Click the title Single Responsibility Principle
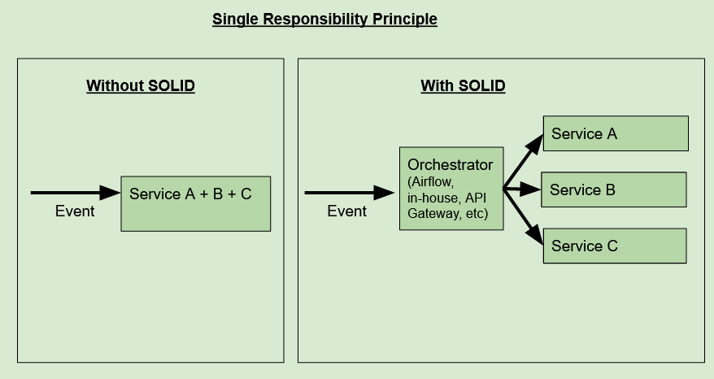324,19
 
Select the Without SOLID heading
141,85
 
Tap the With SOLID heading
463,85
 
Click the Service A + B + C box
195,203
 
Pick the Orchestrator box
451,189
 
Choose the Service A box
615,133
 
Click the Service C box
614,246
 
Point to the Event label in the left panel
75,211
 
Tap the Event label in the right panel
347,211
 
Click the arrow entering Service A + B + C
75,193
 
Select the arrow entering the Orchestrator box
349,193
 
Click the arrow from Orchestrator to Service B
522,189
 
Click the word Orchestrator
450,165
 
